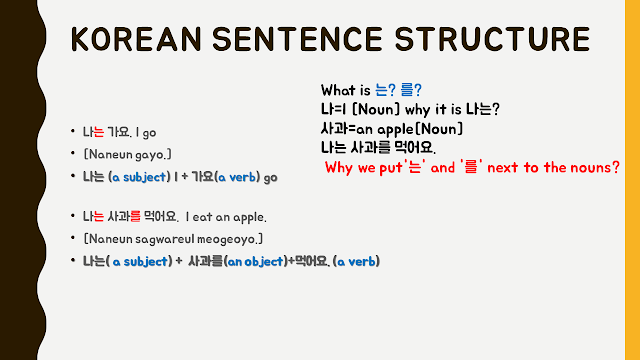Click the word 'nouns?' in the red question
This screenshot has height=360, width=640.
tap(594, 167)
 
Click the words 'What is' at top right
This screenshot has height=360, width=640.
tap(344, 90)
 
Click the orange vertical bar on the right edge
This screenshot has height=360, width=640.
tap(632, 180)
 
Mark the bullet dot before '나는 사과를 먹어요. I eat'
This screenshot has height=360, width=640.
tap(72, 217)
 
